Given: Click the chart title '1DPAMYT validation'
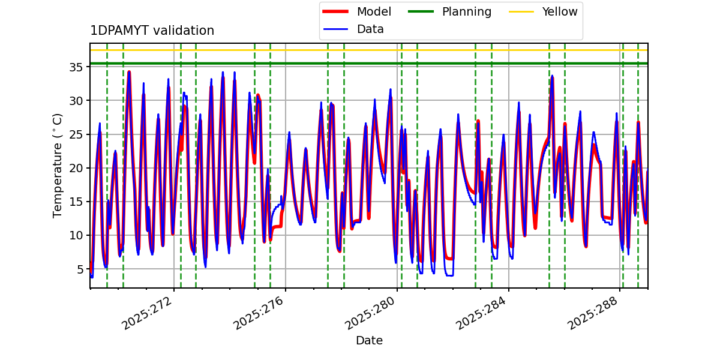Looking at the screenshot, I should [x=152, y=31].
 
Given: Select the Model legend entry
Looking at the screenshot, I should [x=374, y=11].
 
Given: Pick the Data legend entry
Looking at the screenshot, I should [x=370, y=29].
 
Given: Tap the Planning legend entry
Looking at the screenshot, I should [x=466, y=11].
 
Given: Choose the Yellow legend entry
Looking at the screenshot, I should [x=559, y=11].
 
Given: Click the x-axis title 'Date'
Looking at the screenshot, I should [x=369, y=341].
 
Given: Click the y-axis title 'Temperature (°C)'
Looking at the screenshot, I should [x=58, y=165].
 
